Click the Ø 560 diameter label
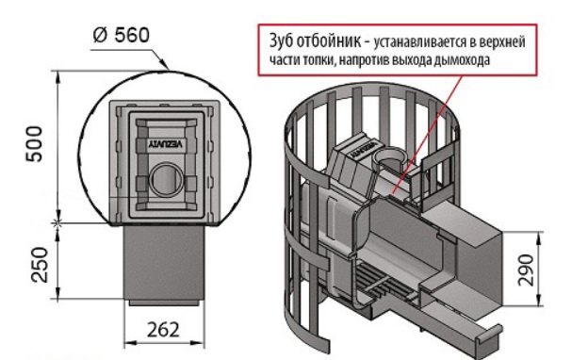pos(122,36)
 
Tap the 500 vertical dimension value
pos(34,143)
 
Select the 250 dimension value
pos(40,265)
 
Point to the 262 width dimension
pos(163,330)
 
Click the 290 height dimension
pos(526,270)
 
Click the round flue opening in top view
pos(167,180)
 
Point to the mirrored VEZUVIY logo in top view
pos(167,144)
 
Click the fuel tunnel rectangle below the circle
pos(163,263)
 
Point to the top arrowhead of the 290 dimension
pos(539,237)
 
